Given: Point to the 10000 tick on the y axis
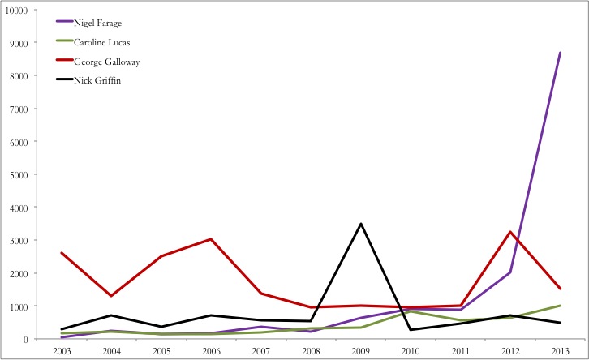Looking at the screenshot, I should pyautogui.click(x=15, y=10).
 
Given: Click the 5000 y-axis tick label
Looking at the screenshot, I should pyautogui.click(x=17, y=174).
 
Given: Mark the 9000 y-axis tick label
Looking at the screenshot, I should pyautogui.click(x=17, y=43).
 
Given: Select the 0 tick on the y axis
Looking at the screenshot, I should pyautogui.click(x=25, y=340).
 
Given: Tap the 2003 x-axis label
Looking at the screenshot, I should pyautogui.click(x=62, y=351).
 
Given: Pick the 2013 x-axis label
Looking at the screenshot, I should pyautogui.click(x=559, y=351).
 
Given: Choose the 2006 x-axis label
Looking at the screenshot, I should pyautogui.click(x=211, y=351).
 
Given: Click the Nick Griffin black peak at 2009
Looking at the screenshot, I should pyautogui.click(x=360, y=224).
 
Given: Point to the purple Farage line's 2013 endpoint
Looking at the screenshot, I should pyautogui.click(x=560, y=53).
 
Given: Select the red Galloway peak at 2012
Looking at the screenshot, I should pyautogui.click(x=509, y=232).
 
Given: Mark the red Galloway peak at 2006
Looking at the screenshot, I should pyautogui.click(x=211, y=239).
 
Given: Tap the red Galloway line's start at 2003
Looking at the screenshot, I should pyautogui.click(x=62, y=253).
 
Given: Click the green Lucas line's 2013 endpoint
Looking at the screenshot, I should pyautogui.click(x=560, y=306).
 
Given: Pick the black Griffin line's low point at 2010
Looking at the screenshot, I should pyautogui.click(x=411, y=329).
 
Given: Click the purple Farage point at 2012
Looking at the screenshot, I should pyautogui.click(x=509, y=272).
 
